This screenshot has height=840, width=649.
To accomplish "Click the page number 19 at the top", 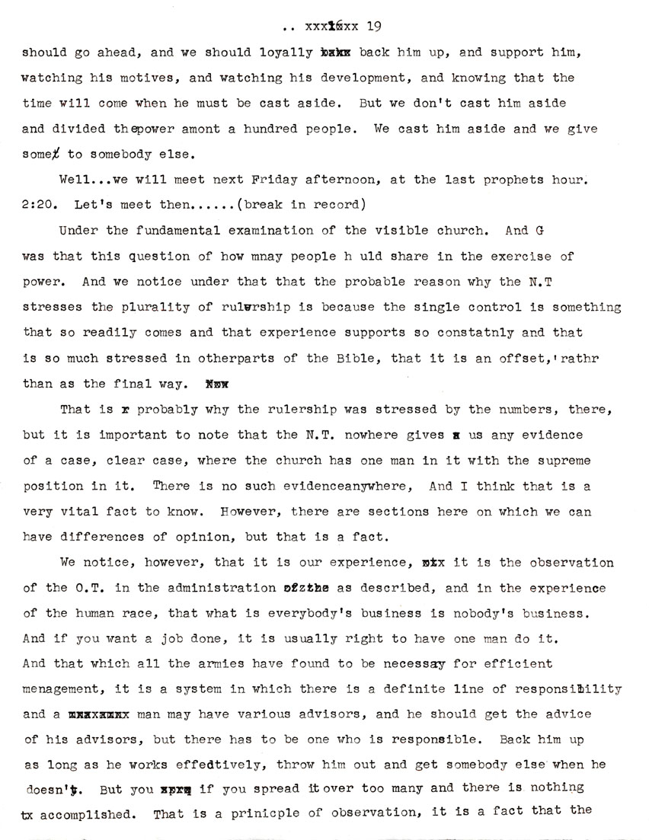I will click(374, 27).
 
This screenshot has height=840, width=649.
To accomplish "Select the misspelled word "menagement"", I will click(59, 690).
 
